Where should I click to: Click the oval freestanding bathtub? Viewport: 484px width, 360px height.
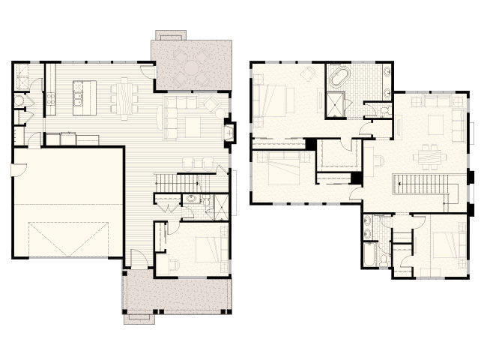click(339, 77)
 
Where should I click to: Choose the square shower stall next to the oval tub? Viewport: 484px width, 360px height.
click(334, 104)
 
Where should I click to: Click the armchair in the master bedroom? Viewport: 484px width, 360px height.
click(308, 73)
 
